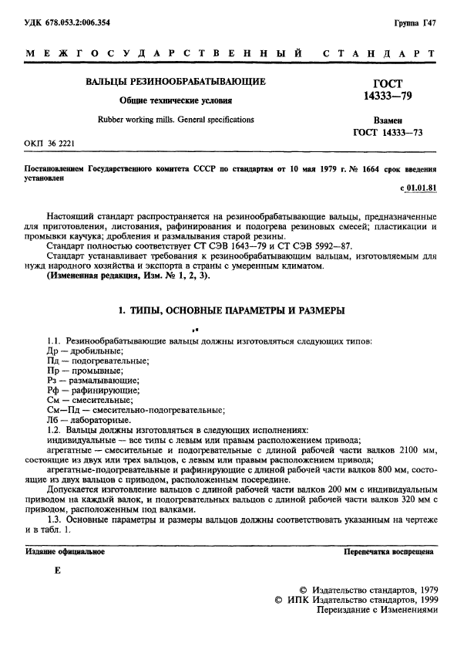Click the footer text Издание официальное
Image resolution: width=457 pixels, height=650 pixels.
(65, 552)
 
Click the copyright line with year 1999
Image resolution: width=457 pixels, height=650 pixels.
(356, 598)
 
